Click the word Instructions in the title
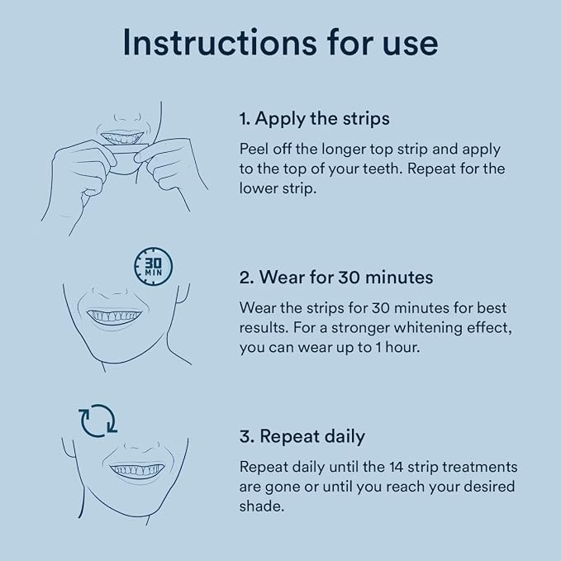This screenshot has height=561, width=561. (x=220, y=43)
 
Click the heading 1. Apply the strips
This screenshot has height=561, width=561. (x=315, y=119)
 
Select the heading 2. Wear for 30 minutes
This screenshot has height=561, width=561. (x=336, y=278)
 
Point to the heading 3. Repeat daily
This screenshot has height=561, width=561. (x=302, y=436)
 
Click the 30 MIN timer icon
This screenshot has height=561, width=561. (x=153, y=267)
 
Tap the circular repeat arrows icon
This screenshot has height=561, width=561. (x=98, y=421)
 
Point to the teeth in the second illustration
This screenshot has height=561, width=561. (x=114, y=316)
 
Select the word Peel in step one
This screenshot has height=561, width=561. (x=254, y=149)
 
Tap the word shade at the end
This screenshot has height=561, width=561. (x=262, y=506)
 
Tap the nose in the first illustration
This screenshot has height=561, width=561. (x=128, y=116)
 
